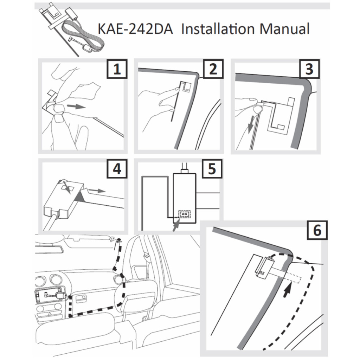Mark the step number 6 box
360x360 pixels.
click(317, 231)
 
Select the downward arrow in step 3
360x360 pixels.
click(250, 126)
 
